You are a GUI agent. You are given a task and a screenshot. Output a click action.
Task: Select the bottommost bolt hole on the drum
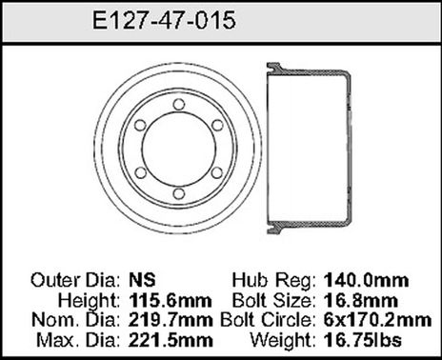click(x=178, y=195)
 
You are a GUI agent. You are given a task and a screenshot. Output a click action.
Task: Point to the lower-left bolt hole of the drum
click(x=139, y=172)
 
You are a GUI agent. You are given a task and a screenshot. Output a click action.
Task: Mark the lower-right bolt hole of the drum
click(x=217, y=172)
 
